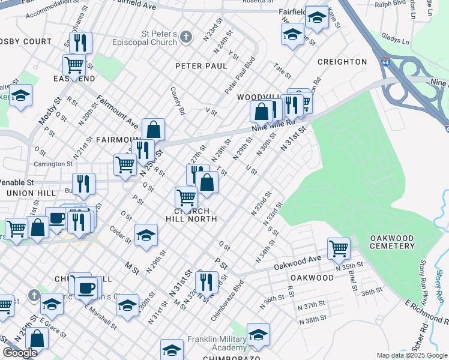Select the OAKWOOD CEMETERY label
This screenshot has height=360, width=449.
(x=393, y=242)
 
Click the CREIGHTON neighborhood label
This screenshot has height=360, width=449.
(x=342, y=62)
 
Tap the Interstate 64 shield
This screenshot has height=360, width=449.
(x=383, y=62)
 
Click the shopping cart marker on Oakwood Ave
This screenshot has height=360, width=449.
(x=339, y=247)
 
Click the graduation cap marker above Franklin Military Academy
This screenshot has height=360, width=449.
(x=258, y=335)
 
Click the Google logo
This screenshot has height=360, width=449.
(x=20, y=353)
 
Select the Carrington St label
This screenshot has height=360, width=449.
(x=53, y=163)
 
